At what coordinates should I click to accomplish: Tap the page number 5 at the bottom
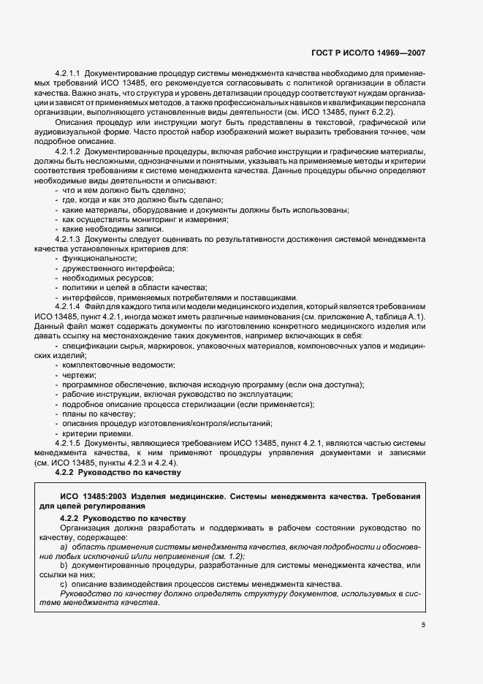click(x=423, y=624)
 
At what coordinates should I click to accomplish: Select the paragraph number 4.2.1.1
click(x=68, y=75)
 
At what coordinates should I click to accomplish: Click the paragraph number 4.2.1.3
click(x=68, y=239)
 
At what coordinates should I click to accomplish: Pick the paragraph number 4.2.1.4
click(x=68, y=306)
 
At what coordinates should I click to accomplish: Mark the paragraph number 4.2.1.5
click(x=68, y=444)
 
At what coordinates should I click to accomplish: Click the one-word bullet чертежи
click(x=79, y=374)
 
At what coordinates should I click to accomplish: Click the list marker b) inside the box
click(x=64, y=566)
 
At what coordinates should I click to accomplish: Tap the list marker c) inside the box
click(x=64, y=585)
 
